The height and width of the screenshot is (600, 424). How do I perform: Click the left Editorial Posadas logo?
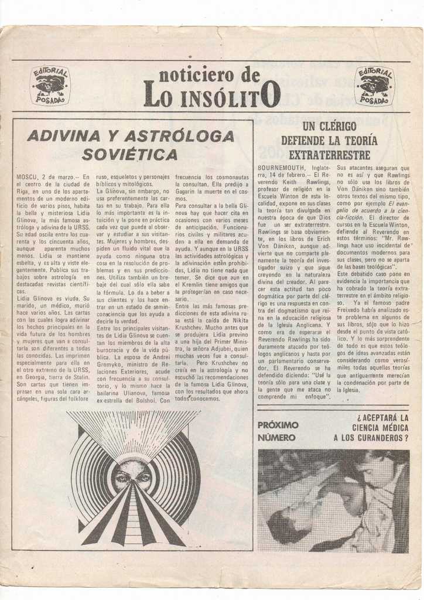pos(50,86)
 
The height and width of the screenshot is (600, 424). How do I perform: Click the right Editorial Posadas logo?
pos(374,86)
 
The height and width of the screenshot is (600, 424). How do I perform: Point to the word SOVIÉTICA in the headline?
pos(130,155)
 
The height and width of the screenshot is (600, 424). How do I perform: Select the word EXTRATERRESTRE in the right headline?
pos(330,155)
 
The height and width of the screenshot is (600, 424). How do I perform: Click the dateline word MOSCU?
pos(27,176)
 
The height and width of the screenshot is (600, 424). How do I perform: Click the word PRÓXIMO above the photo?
pos(278,425)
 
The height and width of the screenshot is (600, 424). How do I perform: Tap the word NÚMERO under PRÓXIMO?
pos(276,437)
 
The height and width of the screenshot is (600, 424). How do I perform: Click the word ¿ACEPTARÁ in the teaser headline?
pos(382,417)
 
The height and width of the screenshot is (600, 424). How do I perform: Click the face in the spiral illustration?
pos(133,476)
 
